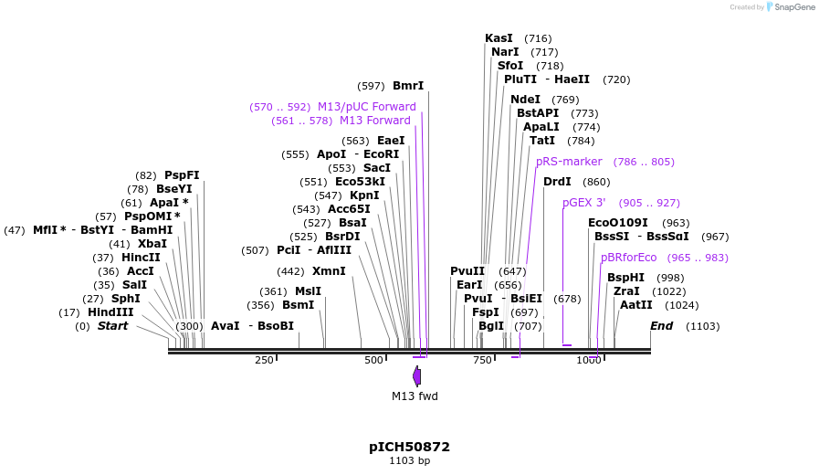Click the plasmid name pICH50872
(x=409, y=447)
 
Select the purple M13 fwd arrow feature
(x=416, y=375)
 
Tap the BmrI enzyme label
(x=408, y=86)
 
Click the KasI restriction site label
(x=499, y=38)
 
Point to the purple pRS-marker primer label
(x=569, y=162)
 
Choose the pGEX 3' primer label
(x=583, y=203)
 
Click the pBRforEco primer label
(x=628, y=258)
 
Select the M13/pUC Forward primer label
(x=366, y=107)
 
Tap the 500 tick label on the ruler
(x=373, y=360)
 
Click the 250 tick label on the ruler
(x=264, y=360)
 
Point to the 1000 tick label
(x=589, y=360)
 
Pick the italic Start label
(x=112, y=326)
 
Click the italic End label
(x=661, y=326)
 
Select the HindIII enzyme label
(x=110, y=312)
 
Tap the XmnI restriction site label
(x=329, y=271)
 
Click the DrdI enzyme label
(x=557, y=182)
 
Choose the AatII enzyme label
(x=636, y=305)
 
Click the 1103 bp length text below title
(x=409, y=461)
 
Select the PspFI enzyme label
(x=182, y=175)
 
